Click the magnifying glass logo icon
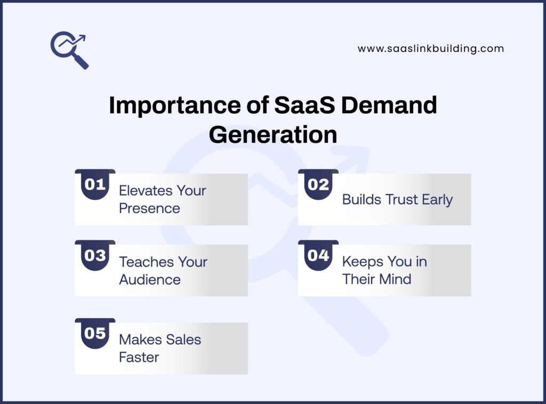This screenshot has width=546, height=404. [69, 50]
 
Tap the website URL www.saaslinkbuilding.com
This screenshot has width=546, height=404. [430, 49]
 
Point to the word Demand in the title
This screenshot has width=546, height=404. [389, 106]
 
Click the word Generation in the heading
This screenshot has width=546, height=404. [272, 134]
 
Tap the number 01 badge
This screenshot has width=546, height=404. [95, 185]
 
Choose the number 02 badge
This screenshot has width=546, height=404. [318, 185]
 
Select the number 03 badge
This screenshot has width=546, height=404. [95, 256]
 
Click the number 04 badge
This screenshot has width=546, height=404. [318, 256]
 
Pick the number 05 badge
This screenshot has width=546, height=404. [95, 334]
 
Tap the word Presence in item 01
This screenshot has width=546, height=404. [149, 208]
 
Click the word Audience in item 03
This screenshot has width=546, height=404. [150, 280]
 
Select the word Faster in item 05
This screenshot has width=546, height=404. [139, 358]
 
